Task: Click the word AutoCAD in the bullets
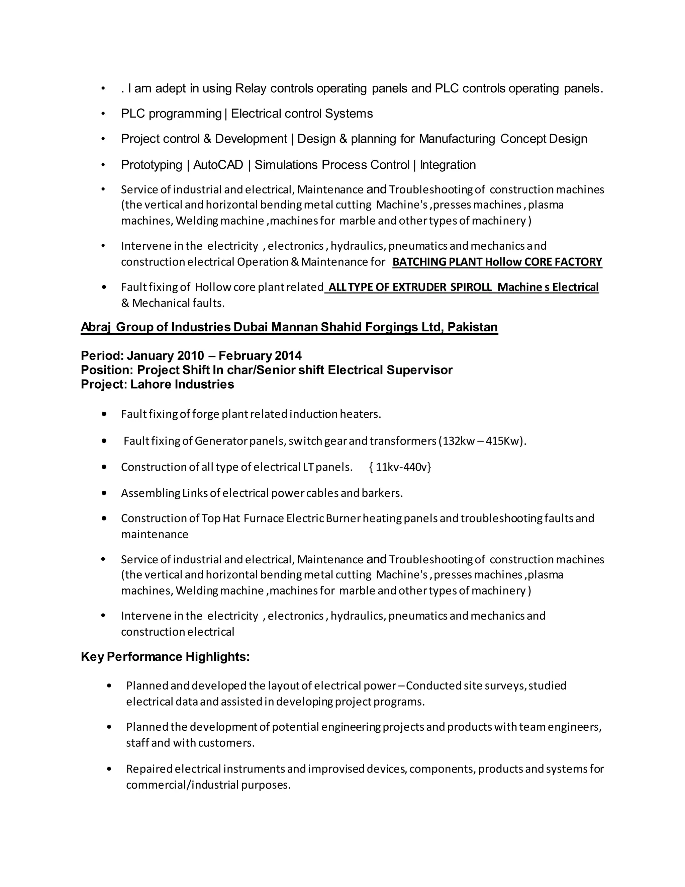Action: coord(218,165)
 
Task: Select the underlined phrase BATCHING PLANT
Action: coord(437,262)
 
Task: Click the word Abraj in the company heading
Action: coord(95,327)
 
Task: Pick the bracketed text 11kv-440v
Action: coord(400,467)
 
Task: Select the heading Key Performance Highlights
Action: coord(165,657)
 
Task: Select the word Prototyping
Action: coord(152,165)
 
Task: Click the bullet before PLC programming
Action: coord(103,114)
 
